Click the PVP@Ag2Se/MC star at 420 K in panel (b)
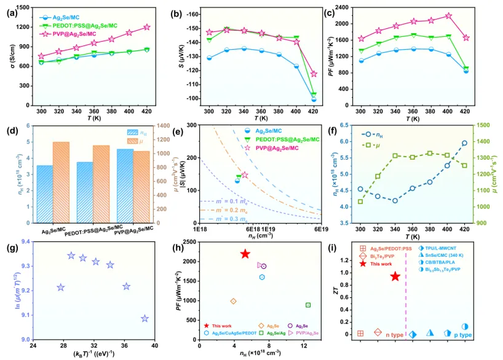(x=314, y=74)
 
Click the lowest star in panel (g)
(x=145, y=318)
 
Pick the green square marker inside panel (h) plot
(x=308, y=305)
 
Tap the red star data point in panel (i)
(x=395, y=276)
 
